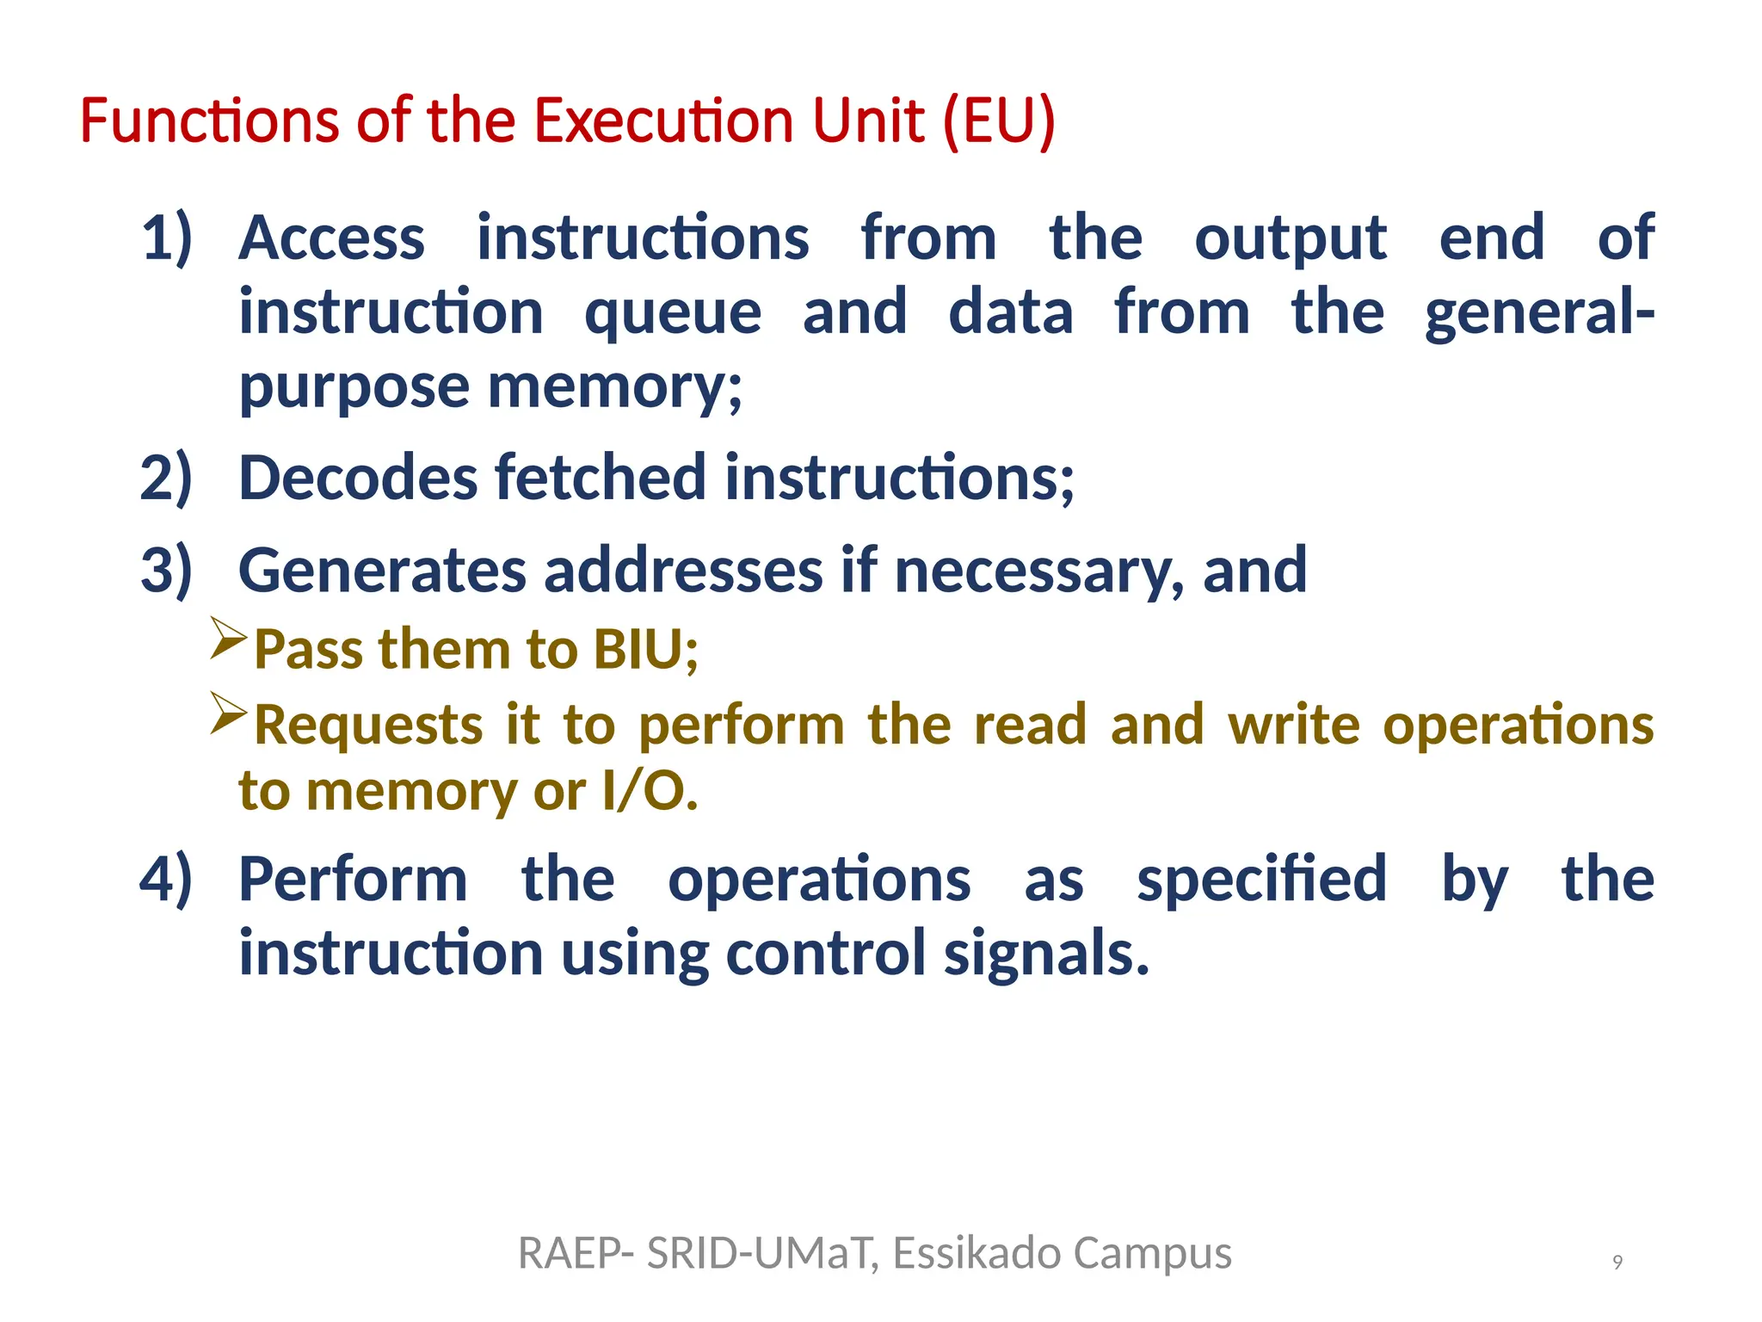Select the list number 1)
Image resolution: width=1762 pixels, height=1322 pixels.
pos(166,238)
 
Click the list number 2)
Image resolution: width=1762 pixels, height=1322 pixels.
pos(166,479)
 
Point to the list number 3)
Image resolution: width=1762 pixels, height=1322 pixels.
pos(166,571)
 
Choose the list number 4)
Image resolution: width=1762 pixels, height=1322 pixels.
pos(166,880)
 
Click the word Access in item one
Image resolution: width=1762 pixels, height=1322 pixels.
pos(332,238)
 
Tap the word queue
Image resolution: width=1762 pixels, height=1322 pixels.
pos(673,312)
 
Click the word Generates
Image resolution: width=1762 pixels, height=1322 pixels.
pos(382,571)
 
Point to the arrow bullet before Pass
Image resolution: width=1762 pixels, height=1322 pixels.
pos(228,639)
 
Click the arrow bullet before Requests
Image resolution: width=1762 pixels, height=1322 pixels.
pos(228,714)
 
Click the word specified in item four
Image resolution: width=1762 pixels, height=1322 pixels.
pos(1261,880)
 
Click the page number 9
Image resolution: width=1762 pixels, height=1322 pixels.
pos(1617,1262)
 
